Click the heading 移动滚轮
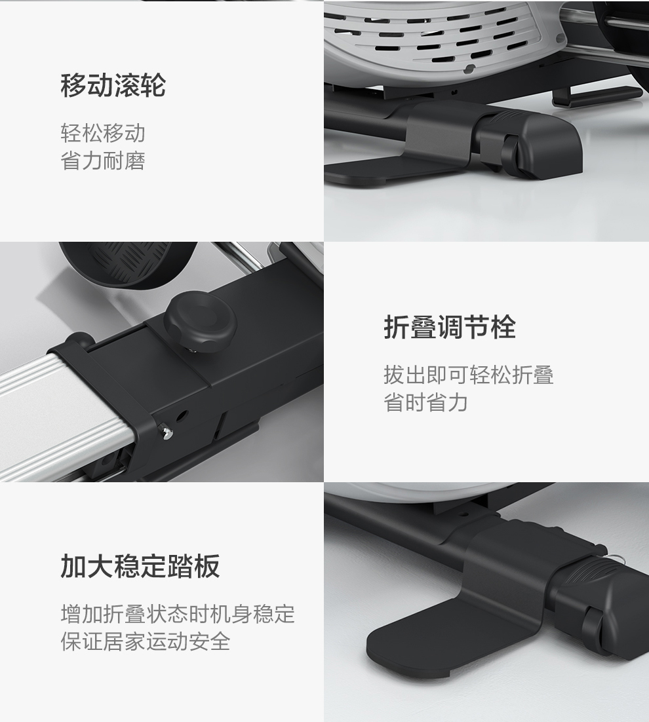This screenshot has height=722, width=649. pos(113,85)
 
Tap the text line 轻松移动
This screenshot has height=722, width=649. pos(103,133)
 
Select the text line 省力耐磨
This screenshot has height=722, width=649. pos(103,161)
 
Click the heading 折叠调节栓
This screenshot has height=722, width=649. pos(450,328)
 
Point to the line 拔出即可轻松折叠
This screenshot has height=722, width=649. pos(469,375)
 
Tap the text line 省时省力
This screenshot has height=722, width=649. pos(425,402)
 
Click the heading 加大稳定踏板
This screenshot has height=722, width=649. pos(140,566)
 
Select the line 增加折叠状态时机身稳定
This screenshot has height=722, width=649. pos(178,614)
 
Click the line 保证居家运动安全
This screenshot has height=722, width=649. pos(145,641)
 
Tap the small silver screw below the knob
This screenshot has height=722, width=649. pos(166,432)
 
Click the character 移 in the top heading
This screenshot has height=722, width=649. pos(73,85)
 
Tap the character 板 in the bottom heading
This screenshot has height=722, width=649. pos(206,566)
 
